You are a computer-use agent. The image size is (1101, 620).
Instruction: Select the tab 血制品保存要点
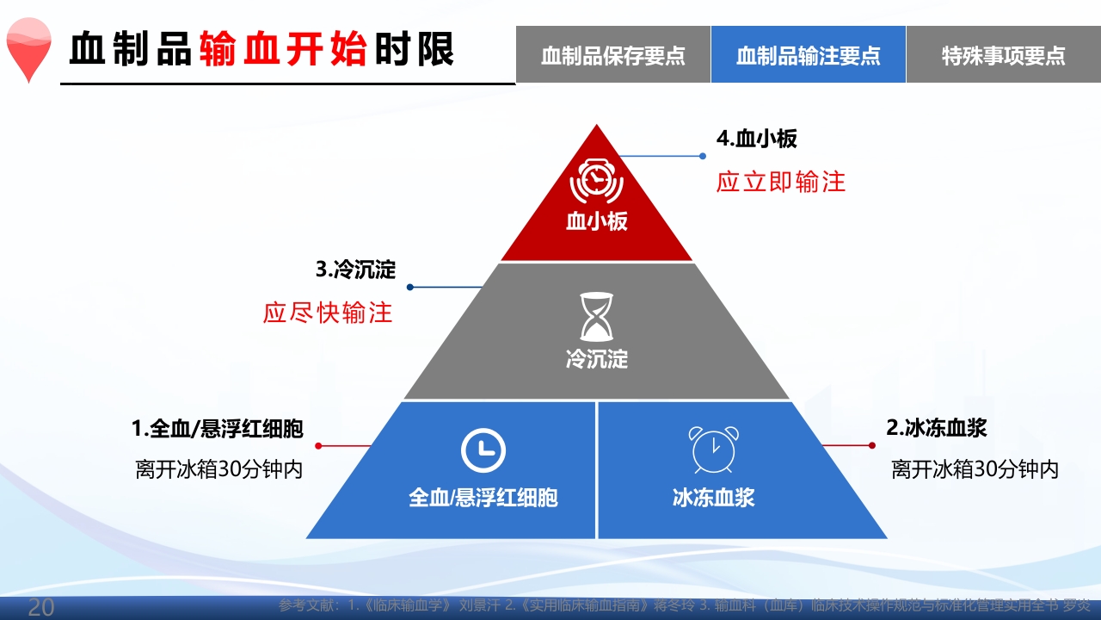[x=612, y=55]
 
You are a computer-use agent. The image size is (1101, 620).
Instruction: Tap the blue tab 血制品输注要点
[x=808, y=55]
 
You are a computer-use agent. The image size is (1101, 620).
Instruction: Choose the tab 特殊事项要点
[x=1003, y=55]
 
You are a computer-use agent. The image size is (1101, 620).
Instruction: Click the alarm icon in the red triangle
[x=596, y=181]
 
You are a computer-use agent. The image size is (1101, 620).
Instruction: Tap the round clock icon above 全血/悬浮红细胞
[x=483, y=449]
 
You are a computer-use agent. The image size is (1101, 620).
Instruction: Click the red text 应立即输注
[x=781, y=181]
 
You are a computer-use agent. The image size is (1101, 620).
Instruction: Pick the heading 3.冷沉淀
[x=355, y=270]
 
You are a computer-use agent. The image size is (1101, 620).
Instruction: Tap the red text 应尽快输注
[x=328, y=312]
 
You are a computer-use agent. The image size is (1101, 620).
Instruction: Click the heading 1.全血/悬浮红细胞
[x=217, y=428]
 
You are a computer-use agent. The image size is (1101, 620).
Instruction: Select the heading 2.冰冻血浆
[x=937, y=428]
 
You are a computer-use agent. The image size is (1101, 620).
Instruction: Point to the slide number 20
[x=41, y=607]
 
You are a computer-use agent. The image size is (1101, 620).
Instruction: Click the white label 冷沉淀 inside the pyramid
[x=596, y=358]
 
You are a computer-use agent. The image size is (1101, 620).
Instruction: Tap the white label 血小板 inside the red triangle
[x=596, y=221]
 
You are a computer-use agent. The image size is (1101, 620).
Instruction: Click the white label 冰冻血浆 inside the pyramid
[x=713, y=497]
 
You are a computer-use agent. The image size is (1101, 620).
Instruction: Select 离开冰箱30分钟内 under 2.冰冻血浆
[x=975, y=469]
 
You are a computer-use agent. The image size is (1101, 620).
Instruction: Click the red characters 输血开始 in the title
[x=284, y=50]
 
